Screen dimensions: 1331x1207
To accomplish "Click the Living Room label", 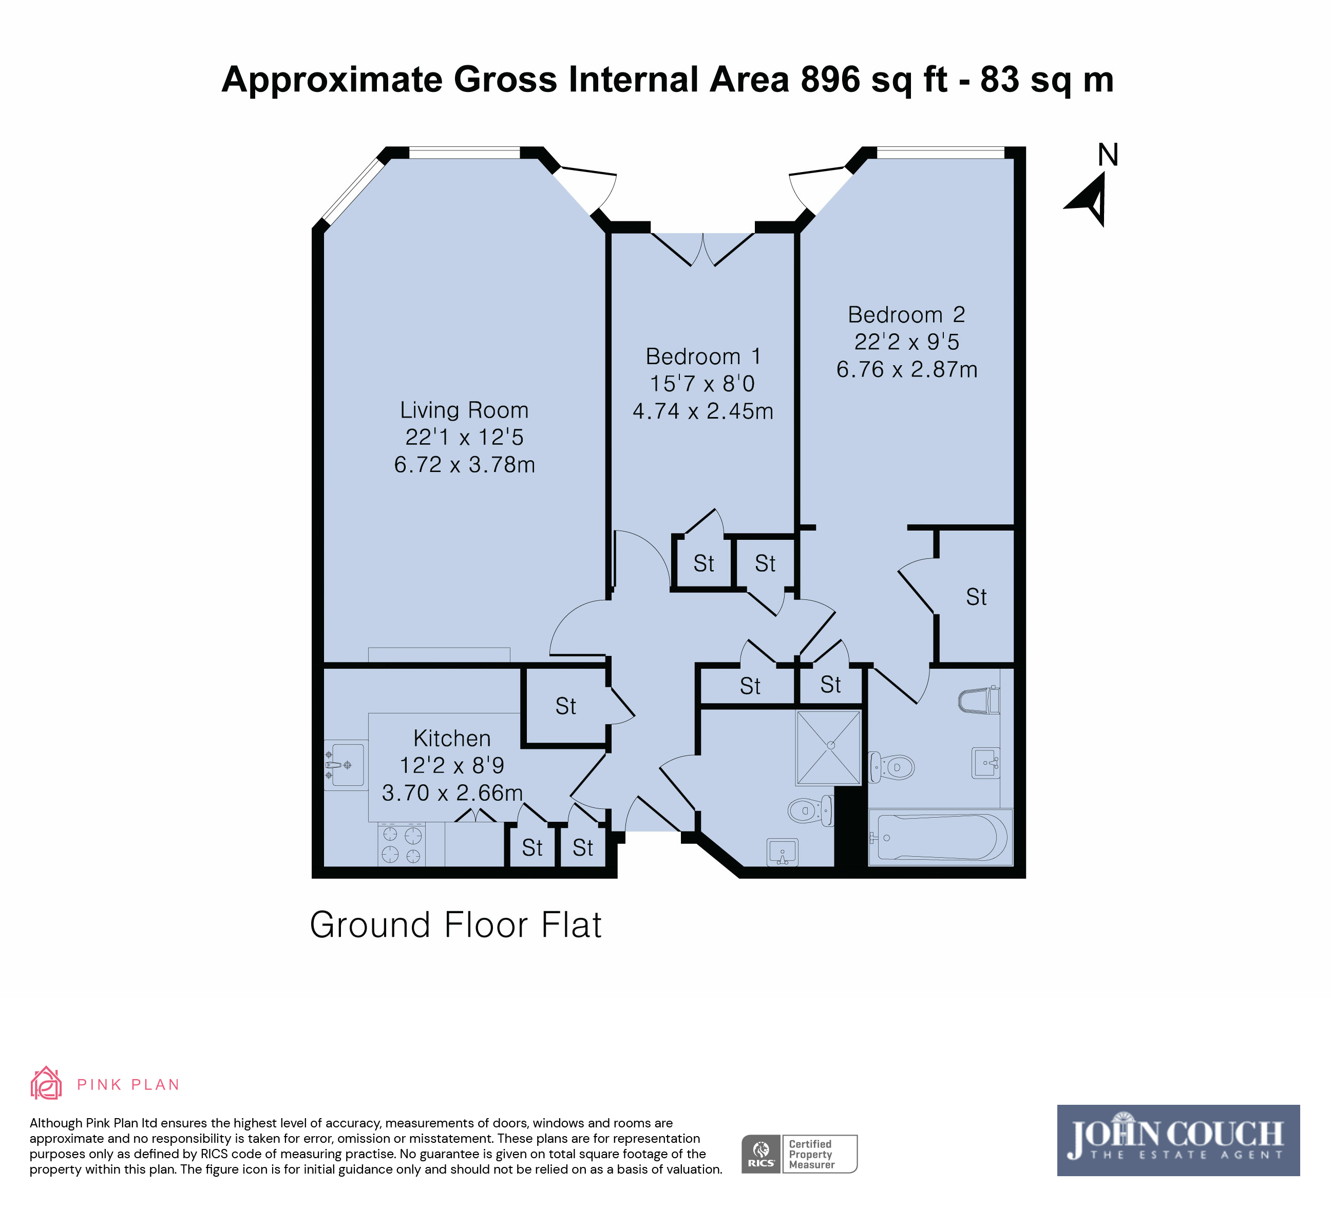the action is pos(464,410).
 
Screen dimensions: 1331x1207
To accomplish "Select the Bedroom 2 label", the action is pos(906,314).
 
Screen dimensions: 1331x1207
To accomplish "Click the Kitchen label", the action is pos(452,738).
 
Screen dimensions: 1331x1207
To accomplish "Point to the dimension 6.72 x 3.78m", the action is pos(464,465).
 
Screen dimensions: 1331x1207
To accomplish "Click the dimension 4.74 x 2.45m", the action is pos(703,411).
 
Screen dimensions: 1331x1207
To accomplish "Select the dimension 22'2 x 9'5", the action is pos(906,342).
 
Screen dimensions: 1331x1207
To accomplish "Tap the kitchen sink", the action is pos(345,765).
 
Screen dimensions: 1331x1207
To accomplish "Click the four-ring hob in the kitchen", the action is pos(402,844).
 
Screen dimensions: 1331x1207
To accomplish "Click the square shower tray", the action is pos(829,747).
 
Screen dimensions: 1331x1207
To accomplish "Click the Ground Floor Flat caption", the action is pos(455,925).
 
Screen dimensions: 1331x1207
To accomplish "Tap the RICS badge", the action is pos(761,1154).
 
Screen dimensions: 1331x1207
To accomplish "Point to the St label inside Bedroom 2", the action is pos(976,597).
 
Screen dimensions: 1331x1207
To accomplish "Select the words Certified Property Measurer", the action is pos(811,1154).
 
